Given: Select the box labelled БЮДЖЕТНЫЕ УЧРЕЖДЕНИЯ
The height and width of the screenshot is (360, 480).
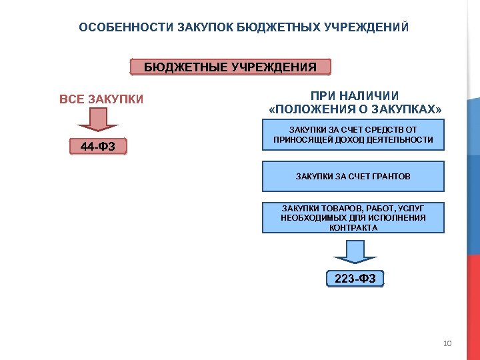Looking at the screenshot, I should pyautogui.click(x=230, y=67).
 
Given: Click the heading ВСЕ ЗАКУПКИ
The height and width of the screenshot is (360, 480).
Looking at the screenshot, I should pyautogui.click(x=101, y=100).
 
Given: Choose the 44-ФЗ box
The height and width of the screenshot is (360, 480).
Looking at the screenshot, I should pyautogui.click(x=99, y=146).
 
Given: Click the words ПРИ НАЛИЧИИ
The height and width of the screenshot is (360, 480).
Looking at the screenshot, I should pyautogui.click(x=354, y=95).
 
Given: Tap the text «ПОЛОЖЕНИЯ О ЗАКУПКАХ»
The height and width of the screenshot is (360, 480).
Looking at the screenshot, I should pyautogui.click(x=354, y=109).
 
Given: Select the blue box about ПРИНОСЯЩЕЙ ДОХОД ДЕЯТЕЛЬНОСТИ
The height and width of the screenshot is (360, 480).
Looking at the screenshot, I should pyautogui.click(x=353, y=135).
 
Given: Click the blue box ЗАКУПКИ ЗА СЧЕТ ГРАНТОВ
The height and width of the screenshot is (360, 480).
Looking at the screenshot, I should pyautogui.click(x=353, y=177).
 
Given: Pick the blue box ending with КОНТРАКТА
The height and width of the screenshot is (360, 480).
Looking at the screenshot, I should pyautogui.click(x=353, y=217).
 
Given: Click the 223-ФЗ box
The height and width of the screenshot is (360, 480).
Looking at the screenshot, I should pyautogui.click(x=355, y=279).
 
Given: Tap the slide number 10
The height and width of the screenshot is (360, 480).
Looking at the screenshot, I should pyautogui.click(x=447, y=343).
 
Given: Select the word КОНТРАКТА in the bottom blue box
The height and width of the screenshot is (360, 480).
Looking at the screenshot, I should pyautogui.click(x=353, y=227).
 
